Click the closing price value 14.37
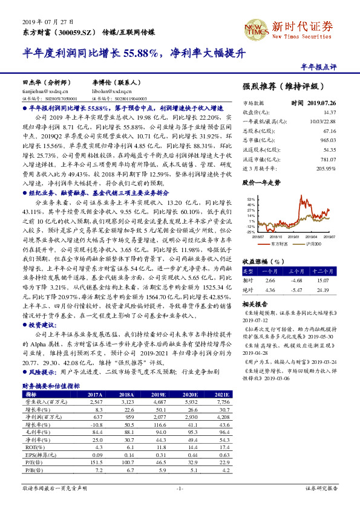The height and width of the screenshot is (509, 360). coord(329,112)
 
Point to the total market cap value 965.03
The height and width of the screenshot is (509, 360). coord(328,140)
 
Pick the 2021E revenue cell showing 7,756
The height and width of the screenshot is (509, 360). coord(222,401)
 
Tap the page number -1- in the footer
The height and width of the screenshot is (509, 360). coord(180,488)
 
